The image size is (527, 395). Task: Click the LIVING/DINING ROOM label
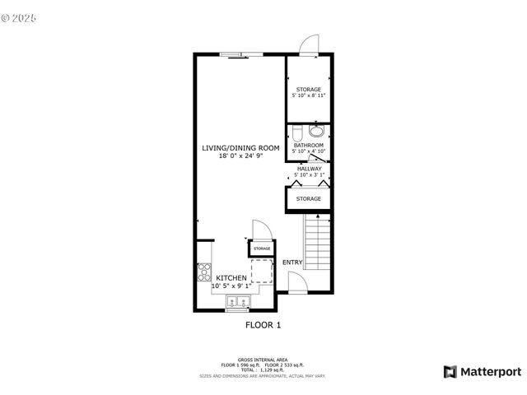pyautogui.click(x=241, y=148)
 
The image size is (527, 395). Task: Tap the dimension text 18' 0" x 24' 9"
pyautogui.click(x=241, y=156)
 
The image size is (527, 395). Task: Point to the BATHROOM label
pyautogui.click(x=309, y=146)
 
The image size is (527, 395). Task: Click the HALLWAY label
pyautogui.click(x=309, y=169)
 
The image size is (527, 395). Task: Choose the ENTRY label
pyautogui.click(x=292, y=263)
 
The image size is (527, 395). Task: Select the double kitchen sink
pyautogui.click(x=237, y=303)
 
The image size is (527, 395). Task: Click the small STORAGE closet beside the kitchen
pyautogui.click(x=262, y=248)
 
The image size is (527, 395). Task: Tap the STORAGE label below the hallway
pyautogui.click(x=309, y=198)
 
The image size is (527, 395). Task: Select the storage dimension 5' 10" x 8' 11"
pyautogui.click(x=309, y=96)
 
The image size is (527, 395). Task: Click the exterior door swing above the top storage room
pyautogui.click(x=308, y=44)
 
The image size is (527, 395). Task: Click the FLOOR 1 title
pyautogui.click(x=263, y=325)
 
